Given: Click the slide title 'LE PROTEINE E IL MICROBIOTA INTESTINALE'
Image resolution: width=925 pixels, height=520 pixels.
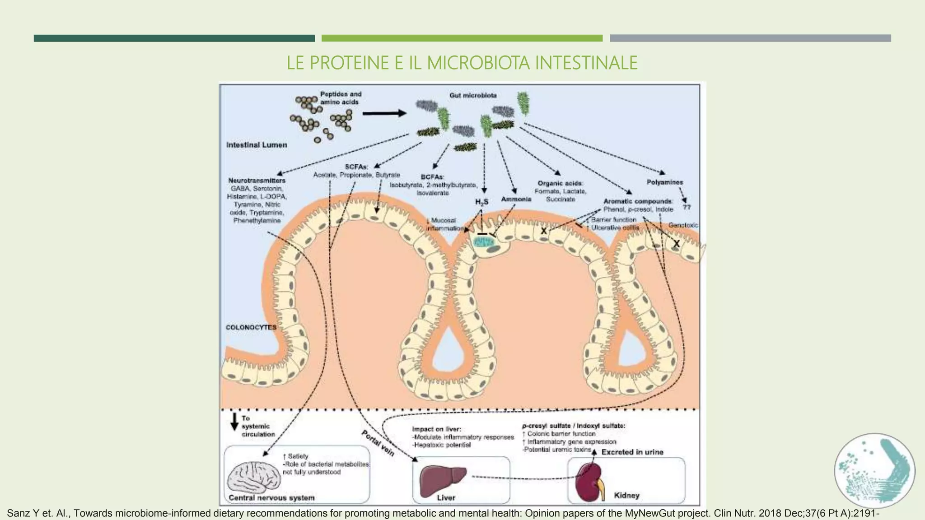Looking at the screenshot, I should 462,63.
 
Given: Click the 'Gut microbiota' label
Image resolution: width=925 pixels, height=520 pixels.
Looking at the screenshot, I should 473,96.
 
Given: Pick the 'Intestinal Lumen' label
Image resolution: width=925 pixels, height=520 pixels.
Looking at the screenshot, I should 257,145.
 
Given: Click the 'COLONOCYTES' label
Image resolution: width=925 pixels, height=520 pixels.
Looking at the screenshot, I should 251,327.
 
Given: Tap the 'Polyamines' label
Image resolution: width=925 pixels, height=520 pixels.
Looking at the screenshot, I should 665,182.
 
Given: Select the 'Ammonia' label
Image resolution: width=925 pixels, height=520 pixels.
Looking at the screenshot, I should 516,199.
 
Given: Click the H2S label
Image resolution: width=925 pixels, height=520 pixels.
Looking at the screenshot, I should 481,202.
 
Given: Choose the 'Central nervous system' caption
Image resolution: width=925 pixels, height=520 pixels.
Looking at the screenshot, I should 271,497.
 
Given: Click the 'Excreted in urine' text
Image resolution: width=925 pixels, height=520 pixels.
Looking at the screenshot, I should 632,452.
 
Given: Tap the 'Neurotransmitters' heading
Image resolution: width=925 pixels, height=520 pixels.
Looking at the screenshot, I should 257,181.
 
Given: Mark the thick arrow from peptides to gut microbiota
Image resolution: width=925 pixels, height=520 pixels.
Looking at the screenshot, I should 384,113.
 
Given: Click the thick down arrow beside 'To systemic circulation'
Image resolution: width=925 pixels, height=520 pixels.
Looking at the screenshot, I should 234,421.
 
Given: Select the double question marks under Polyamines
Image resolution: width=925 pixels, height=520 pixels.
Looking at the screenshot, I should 687,207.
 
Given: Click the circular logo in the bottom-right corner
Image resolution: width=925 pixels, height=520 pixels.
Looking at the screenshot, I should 874,471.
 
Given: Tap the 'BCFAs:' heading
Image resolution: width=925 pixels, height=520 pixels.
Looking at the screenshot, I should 432,177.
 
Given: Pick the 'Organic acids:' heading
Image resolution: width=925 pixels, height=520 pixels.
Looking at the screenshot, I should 561,183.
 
